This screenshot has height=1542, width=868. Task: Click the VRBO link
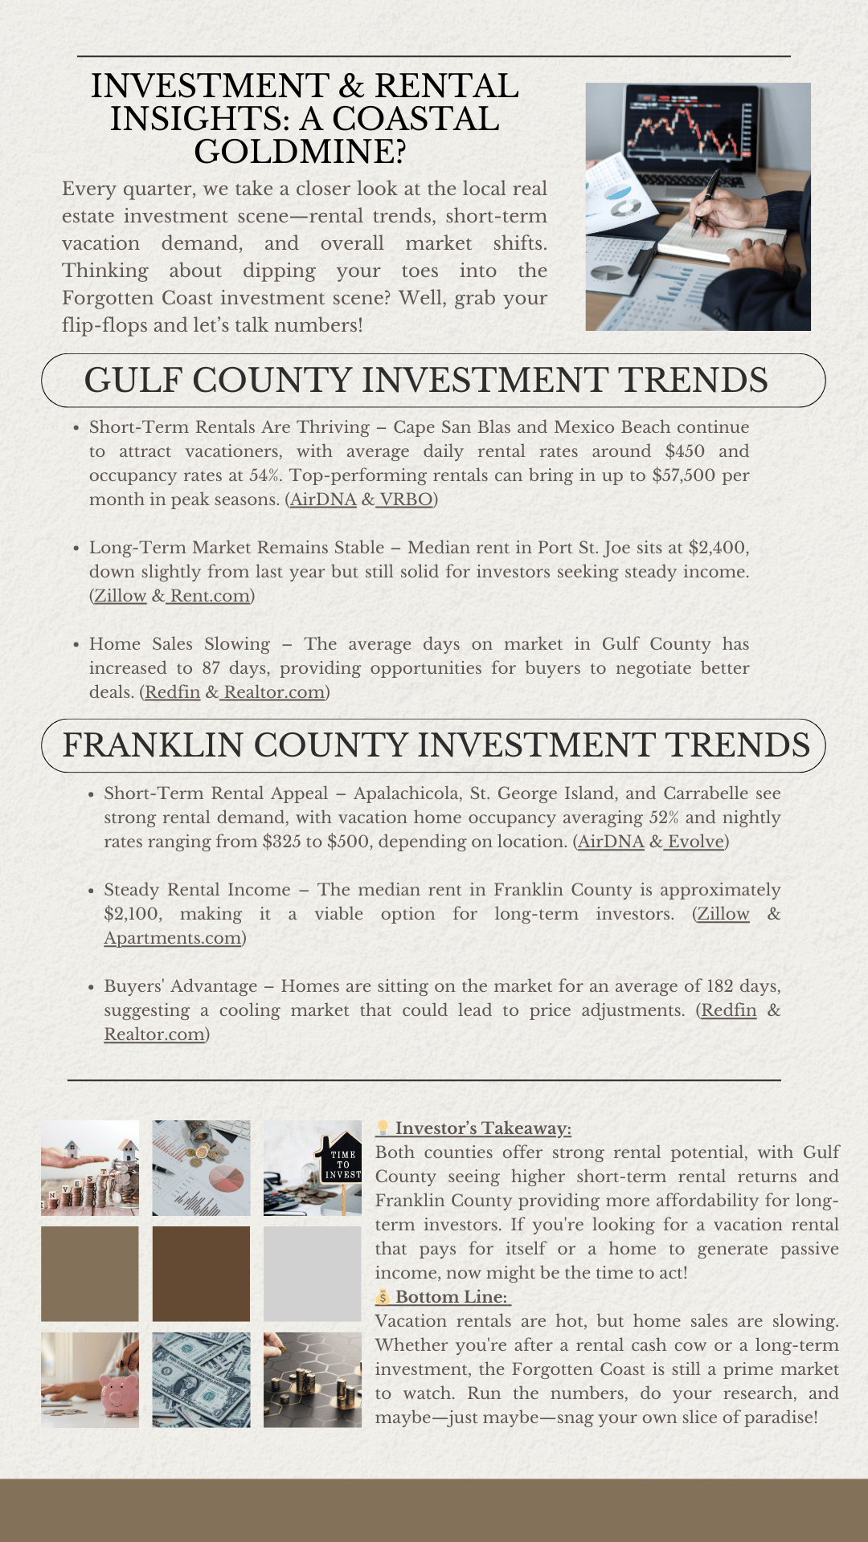[406, 500]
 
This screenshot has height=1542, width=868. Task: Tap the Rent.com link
[210, 596]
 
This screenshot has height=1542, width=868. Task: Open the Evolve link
[696, 842]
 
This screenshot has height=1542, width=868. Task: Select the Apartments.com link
[173, 938]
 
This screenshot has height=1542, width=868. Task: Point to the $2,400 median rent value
[717, 548]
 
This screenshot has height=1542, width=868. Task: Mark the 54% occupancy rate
[264, 475]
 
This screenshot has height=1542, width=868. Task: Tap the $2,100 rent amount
[132, 914]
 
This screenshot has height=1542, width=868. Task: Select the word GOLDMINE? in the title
[300, 152]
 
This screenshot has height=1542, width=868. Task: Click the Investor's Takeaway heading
[482, 1128]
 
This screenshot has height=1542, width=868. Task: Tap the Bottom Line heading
[451, 1297]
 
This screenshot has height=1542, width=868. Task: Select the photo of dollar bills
[201, 1380]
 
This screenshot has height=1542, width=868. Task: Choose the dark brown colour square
[201, 1274]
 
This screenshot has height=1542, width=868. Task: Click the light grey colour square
[313, 1274]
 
